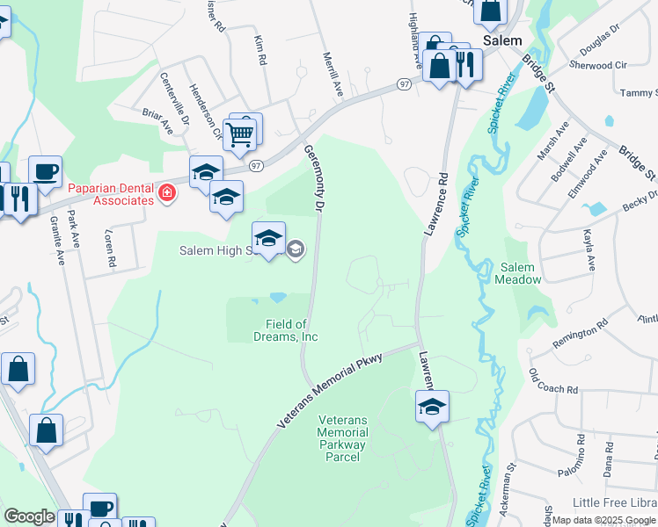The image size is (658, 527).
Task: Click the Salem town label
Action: [x=502, y=41]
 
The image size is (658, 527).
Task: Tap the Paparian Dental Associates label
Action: [x=103, y=194]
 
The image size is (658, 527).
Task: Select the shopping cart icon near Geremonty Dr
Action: [x=240, y=134]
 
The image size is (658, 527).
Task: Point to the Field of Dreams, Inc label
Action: [x=291, y=330]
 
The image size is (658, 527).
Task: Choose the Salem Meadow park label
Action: [x=517, y=273]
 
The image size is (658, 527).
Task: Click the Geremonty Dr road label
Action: [x=314, y=177]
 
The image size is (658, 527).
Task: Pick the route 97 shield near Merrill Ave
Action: [x=404, y=83]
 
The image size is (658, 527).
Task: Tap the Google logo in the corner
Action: [x=29, y=516]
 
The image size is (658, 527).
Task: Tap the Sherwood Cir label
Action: [x=597, y=65]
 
